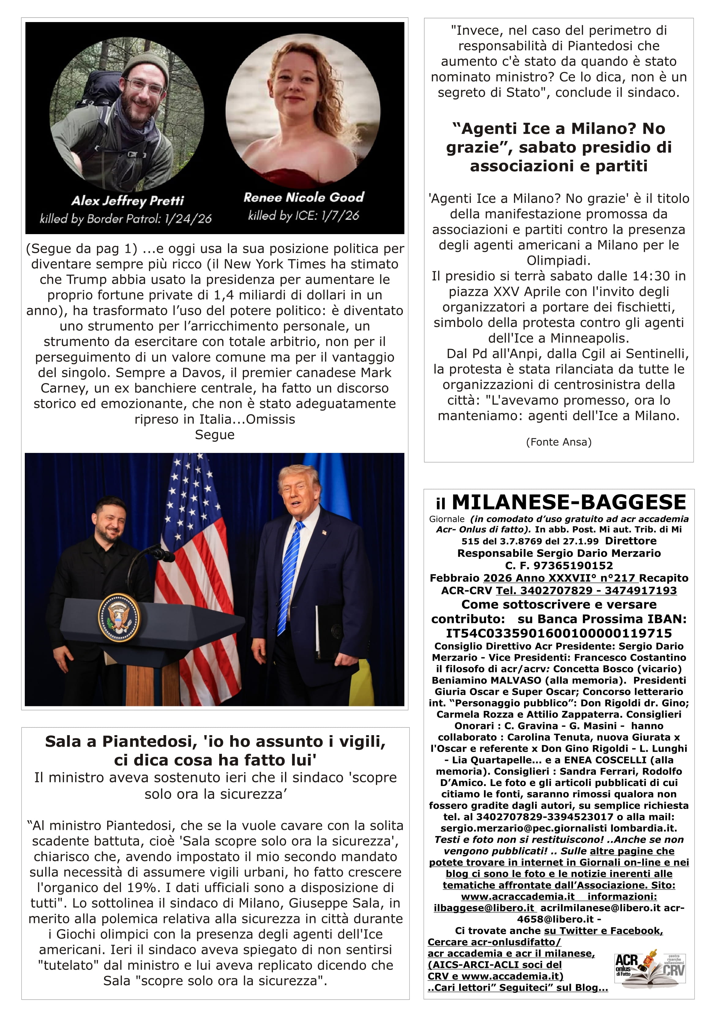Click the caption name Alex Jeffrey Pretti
coord(127,201)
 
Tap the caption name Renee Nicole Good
coord(304,197)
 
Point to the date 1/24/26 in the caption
coord(188,218)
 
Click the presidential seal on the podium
coord(119,617)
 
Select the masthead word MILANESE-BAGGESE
coord(569,502)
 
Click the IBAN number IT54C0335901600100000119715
coord(559,633)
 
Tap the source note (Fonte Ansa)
coord(559,442)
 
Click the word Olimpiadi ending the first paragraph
coord(559,260)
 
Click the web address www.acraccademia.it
coord(517,896)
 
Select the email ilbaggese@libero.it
coord(484,908)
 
